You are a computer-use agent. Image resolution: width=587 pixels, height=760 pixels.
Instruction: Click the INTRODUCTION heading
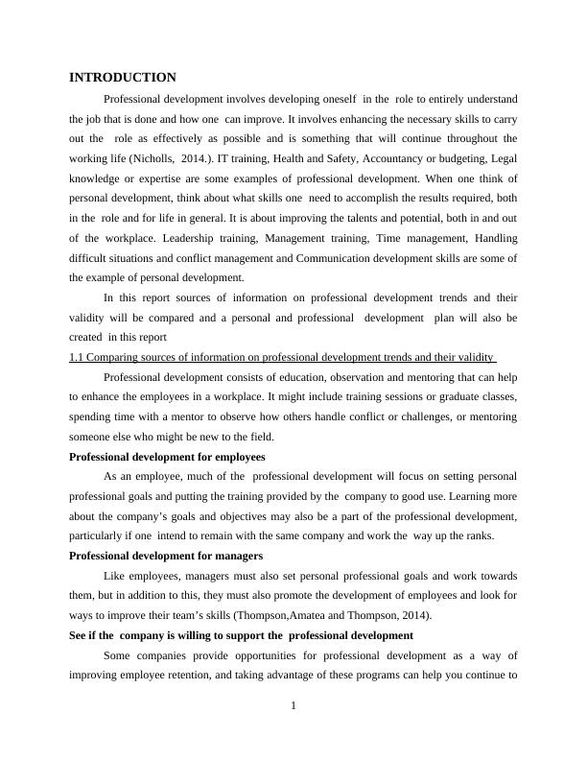[123, 78]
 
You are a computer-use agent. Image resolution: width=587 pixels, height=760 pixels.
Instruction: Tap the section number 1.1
[78, 357]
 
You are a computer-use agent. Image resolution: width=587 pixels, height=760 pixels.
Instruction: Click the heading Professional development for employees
[168, 456]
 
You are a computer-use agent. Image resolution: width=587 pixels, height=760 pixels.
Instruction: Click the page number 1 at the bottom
[293, 707]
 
